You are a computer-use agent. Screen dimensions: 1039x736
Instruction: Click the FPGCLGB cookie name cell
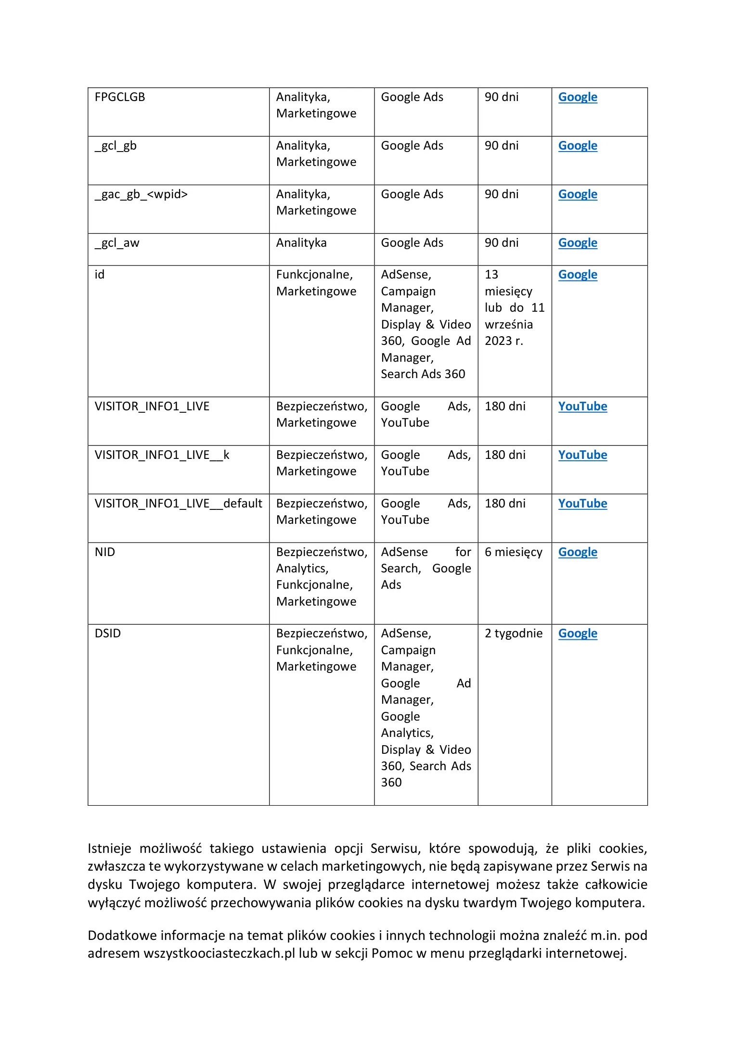pyautogui.click(x=120, y=97)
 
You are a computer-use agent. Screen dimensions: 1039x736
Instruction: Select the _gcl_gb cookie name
pyautogui.click(x=116, y=146)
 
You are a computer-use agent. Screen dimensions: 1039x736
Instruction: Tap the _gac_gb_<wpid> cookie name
pyautogui.click(x=141, y=194)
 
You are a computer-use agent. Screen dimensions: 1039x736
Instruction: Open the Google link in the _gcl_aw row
pyautogui.click(x=578, y=243)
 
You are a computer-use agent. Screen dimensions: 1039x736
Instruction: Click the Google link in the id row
pyautogui.click(x=578, y=275)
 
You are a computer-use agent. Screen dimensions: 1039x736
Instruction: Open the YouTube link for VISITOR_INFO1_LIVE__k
pyautogui.click(x=582, y=455)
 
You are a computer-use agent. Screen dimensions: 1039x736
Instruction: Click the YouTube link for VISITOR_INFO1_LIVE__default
pyautogui.click(x=582, y=504)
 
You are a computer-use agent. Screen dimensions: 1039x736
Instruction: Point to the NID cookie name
pyautogui.click(x=105, y=552)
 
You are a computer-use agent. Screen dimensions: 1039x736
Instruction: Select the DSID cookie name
pyautogui.click(x=108, y=634)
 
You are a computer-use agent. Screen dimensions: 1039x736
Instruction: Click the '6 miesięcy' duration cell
pyautogui.click(x=513, y=552)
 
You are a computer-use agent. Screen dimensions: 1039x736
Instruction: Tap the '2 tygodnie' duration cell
pyautogui.click(x=513, y=634)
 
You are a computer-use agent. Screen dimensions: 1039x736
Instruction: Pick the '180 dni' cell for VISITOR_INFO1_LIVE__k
pyautogui.click(x=505, y=455)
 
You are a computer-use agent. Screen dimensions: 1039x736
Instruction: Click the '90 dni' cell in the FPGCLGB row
pyautogui.click(x=502, y=97)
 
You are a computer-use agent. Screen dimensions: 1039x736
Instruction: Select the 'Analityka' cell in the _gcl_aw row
pyautogui.click(x=301, y=243)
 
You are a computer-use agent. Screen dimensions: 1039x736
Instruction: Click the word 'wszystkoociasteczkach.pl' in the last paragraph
pyautogui.click(x=219, y=953)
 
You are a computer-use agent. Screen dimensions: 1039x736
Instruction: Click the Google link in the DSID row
pyautogui.click(x=578, y=634)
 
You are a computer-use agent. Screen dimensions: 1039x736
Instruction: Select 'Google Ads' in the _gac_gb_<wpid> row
pyautogui.click(x=412, y=194)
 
